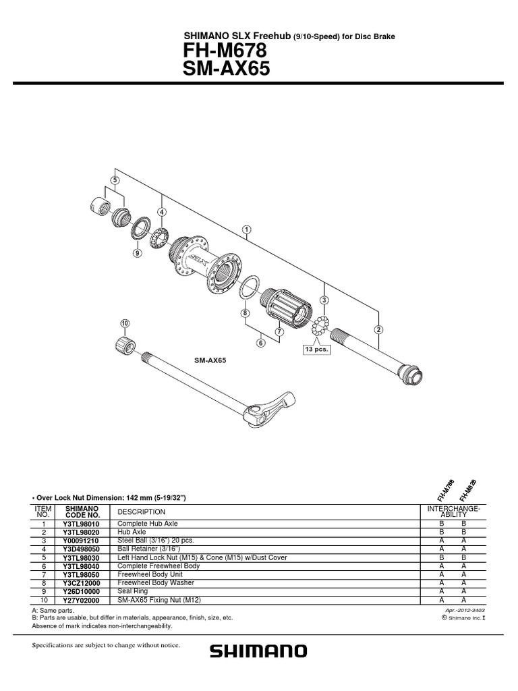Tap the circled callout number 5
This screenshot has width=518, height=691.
tap(115, 180)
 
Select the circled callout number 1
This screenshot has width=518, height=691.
tap(248, 229)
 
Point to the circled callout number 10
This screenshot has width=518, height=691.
tap(124, 323)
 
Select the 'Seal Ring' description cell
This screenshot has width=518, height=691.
tap(133, 592)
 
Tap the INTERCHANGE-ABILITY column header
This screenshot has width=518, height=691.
tap(453, 511)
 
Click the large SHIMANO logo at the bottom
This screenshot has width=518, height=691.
tap(258, 651)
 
